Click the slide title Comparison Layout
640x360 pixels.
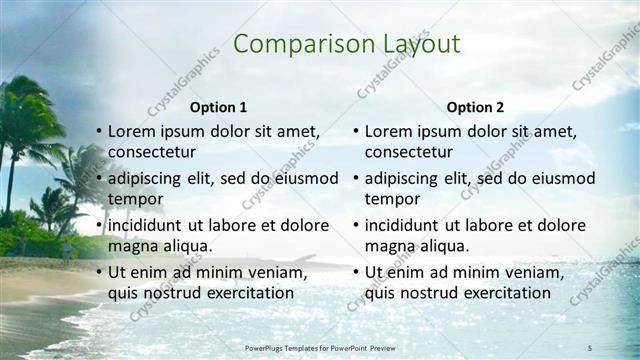(346, 44)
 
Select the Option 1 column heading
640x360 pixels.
(218, 107)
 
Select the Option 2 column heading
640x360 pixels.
(476, 107)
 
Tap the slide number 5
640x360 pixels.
(590, 346)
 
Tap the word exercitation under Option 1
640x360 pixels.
(244, 293)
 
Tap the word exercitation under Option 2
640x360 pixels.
(501, 293)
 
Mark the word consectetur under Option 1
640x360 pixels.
(152, 152)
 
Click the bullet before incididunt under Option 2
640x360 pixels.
(356, 226)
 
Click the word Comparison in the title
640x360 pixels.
(296, 44)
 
